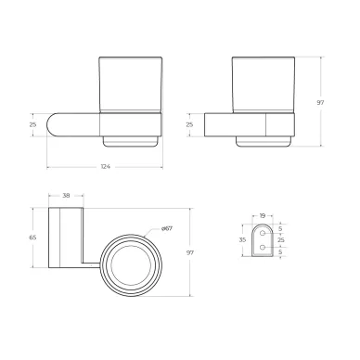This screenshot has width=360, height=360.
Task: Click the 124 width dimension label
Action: coord(106,167)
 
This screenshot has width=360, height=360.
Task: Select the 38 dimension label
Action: coord(66,196)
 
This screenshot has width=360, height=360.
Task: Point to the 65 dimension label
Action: coord(32,238)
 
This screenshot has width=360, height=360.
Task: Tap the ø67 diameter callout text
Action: coord(167,228)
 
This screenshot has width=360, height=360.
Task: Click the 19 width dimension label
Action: coord(263,215)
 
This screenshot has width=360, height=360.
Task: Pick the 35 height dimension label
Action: coord(243,239)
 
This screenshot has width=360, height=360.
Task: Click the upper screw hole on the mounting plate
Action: coord(263,233)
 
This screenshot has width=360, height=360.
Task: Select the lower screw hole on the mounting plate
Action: coord(263,247)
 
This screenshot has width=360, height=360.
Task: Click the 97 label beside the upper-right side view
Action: coord(320,103)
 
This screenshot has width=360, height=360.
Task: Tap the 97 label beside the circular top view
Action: coord(190,252)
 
